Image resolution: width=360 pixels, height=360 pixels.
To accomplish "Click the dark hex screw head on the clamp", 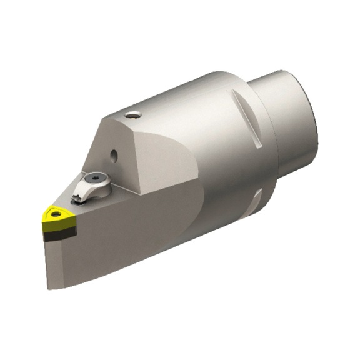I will point(97,179).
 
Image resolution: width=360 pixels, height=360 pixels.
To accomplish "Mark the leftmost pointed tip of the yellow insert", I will point(43,217).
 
